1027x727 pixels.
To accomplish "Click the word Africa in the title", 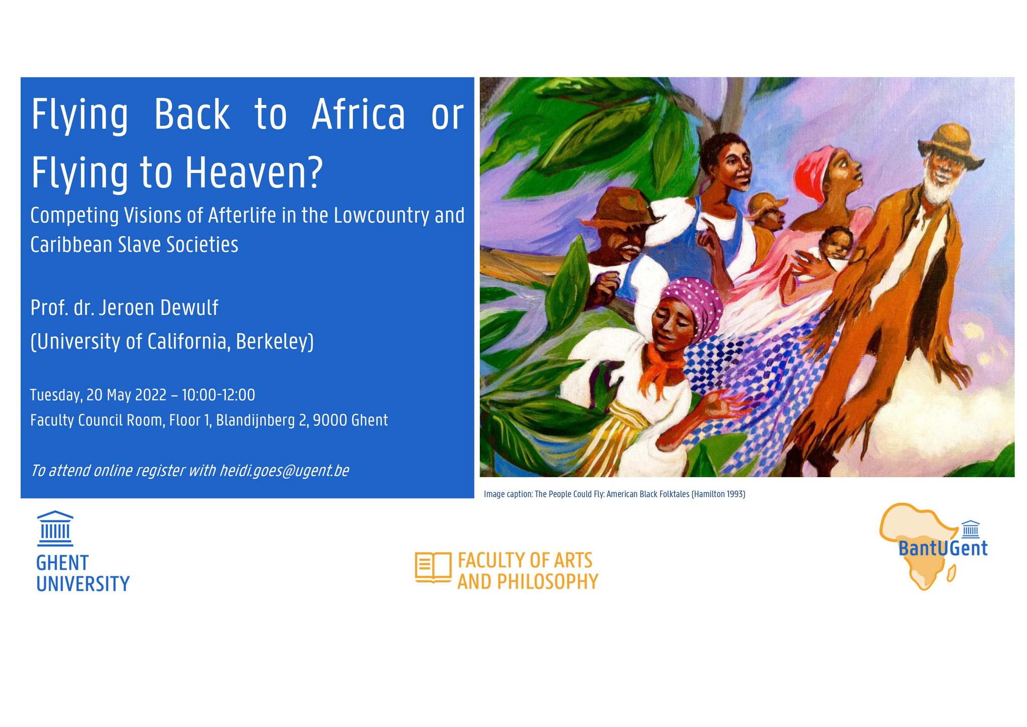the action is tap(358, 114).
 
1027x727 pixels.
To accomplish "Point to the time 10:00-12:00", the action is tap(218, 395).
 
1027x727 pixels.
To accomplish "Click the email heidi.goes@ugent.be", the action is tap(284, 471).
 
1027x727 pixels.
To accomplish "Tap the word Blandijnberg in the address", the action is tap(255, 420).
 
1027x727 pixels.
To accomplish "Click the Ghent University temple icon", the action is tap(55, 528).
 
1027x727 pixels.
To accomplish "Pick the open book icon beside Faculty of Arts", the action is tap(433, 568).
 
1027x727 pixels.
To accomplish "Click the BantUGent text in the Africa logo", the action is tap(943, 548).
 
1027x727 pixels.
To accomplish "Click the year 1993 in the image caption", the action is tap(735, 494).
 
